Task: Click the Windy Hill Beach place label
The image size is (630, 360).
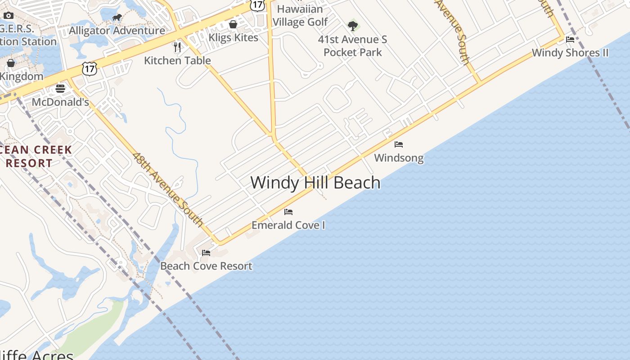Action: pyautogui.click(x=315, y=183)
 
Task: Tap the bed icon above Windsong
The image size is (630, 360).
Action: pyautogui.click(x=399, y=144)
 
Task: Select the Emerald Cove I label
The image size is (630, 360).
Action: pyautogui.click(x=288, y=225)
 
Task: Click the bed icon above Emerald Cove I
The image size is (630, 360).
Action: pyautogui.click(x=288, y=211)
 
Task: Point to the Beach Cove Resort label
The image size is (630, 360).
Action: pyautogui.click(x=206, y=266)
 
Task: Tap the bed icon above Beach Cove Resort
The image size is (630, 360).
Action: pyautogui.click(x=206, y=253)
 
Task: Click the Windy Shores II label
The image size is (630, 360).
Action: pyautogui.click(x=570, y=53)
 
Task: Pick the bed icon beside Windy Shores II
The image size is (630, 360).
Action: pyautogui.click(x=570, y=40)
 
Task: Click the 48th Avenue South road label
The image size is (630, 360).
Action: pyautogui.click(x=168, y=189)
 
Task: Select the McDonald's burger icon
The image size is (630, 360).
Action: pyautogui.click(x=60, y=88)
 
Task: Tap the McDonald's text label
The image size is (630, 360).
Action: pyautogui.click(x=60, y=102)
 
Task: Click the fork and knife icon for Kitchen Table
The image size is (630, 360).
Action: pyautogui.click(x=177, y=47)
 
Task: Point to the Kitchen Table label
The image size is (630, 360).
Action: pyautogui.click(x=177, y=60)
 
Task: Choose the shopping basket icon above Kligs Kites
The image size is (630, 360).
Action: pyautogui.click(x=233, y=24)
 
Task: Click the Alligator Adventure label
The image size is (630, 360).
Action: pyautogui.click(x=117, y=31)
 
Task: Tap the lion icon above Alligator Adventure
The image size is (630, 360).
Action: pyautogui.click(x=117, y=18)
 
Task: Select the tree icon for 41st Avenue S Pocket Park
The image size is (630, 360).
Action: pyautogui.click(x=353, y=26)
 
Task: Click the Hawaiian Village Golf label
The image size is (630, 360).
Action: pyautogui.click(x=300, y=15)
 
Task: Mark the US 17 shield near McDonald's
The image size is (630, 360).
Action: pyautogui.click(x=89, y=69)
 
